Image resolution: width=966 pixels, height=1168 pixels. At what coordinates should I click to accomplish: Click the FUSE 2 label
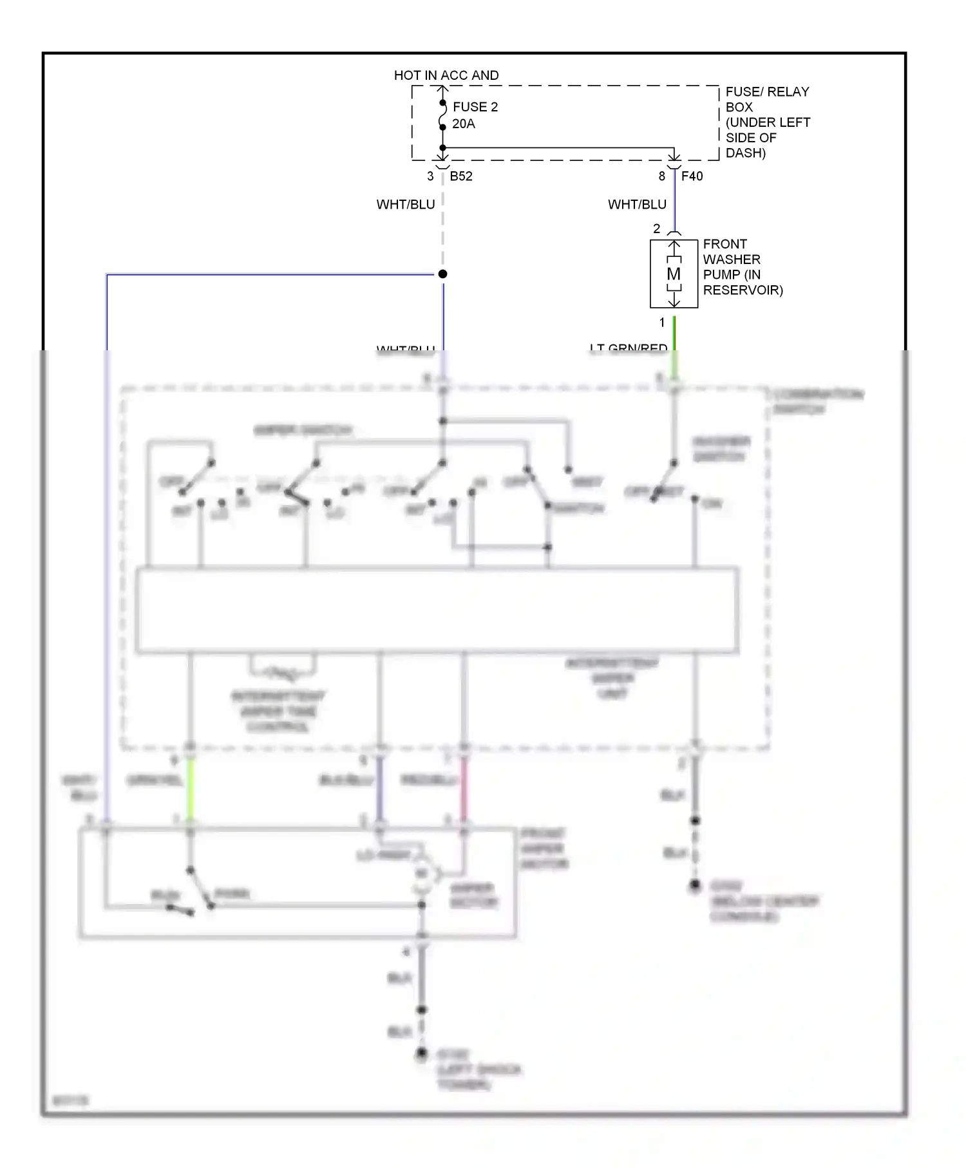(x=475, y=107)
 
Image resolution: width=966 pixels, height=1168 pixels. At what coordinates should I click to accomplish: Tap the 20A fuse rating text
(x=463, y=124)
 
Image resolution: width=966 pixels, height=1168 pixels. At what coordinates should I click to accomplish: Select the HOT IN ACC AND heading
(x=446, y=75)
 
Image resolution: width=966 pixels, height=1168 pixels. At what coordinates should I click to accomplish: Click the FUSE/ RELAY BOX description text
(x=767, y=122)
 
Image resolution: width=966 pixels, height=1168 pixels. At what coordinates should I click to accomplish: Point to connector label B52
(x=461, y=176)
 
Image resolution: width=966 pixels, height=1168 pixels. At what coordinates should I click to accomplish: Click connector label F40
(x=692, y=176)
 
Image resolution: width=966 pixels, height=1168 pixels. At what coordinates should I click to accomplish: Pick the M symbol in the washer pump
(x=674, y=274)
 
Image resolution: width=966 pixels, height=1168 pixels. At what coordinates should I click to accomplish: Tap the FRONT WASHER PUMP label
(x=742, y=267)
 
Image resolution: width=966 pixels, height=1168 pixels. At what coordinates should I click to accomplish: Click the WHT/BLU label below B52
(x=406, y=205)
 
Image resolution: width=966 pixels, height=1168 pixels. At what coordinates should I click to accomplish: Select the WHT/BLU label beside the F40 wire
(x=637, y=205)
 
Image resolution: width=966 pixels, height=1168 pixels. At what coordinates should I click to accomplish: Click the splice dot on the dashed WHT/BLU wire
(x=442, y=274)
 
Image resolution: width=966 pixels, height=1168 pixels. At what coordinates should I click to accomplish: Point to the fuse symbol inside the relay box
(x=442, y=115)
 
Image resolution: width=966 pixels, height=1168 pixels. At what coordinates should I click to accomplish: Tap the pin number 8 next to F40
(x=661, y=176)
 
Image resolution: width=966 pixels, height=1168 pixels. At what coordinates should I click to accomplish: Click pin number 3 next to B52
(x=430, y=176)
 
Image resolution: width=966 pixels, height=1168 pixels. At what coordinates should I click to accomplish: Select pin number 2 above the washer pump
(x=656, y=229)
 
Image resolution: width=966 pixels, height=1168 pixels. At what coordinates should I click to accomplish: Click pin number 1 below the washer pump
(x=661, y=323)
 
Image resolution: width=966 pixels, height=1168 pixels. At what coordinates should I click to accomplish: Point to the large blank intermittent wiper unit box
(x=437, y=610)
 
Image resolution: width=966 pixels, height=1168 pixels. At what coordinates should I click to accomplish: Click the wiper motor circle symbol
(x=422, y=874)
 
